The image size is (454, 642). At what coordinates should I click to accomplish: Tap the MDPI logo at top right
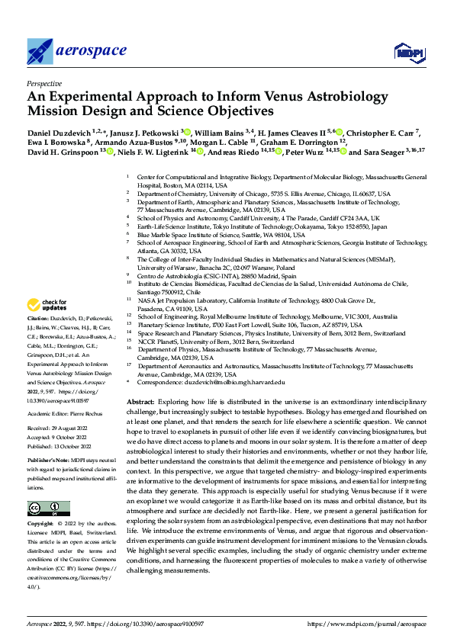pos(409,53)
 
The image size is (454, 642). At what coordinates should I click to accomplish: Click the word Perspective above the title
pos(45,84)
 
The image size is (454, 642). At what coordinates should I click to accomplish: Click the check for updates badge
pos(50,304)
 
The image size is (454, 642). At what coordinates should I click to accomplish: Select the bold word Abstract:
pos(142,401)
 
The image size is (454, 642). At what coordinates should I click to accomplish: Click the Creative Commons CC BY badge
pos(48,509)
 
